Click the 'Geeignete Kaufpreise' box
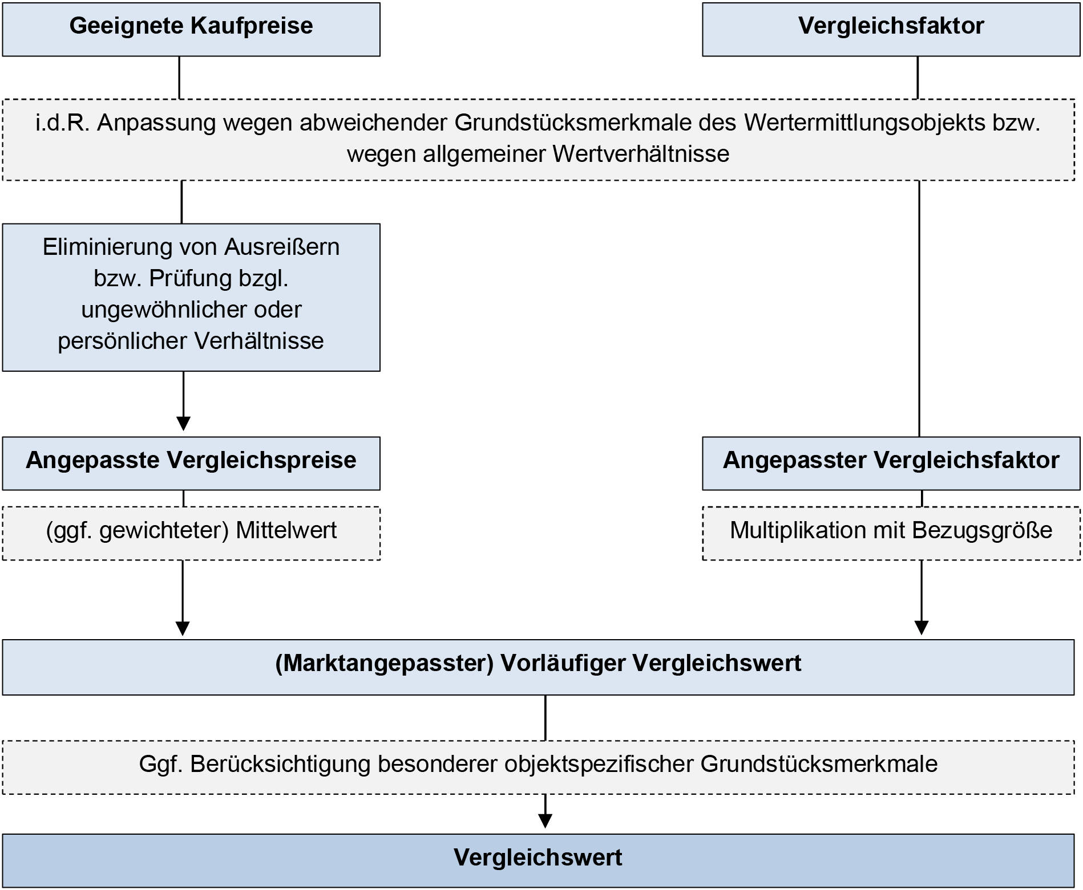[x=191, y=29]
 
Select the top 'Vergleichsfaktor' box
[x=891, y=29]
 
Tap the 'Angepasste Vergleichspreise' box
[x=191, y=463]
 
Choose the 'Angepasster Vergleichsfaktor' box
[x=891, y=463]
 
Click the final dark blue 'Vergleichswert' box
[x=538, y=860]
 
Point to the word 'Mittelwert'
[x=286, y=531]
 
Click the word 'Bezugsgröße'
[x=982, y=531]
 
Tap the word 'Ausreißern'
[x=282, y=247]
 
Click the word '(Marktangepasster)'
[x=384, y=664]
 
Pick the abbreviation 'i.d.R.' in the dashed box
[x=62, y=123]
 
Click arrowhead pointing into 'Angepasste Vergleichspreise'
[x=183, y=424]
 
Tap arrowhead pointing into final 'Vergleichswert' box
[x=545, y=820]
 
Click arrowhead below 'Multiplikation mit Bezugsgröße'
[x=921, y=627]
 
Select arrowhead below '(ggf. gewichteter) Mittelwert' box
[x=183, y=628]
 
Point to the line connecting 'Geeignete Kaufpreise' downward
[x=180, y=78]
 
